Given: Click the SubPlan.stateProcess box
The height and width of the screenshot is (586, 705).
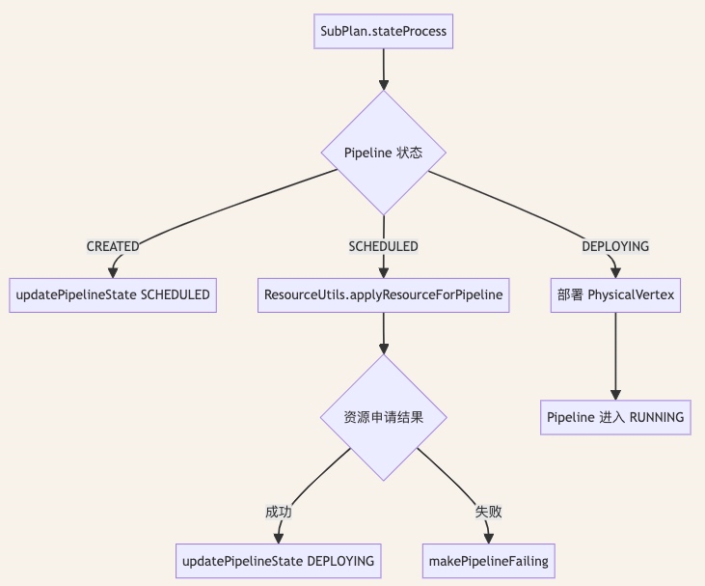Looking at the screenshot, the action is pos(383,31).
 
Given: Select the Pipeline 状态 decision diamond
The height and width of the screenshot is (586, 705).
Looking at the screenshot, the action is pos(384,153).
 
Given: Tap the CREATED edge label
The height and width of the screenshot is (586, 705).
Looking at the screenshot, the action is pos(113,246).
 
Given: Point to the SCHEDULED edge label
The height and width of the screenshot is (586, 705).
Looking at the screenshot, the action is pos(384,246).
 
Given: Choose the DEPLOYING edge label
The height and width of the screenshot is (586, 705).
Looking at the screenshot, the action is pos(615,246).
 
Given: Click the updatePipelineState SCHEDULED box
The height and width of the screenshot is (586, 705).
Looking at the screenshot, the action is pos(113,295).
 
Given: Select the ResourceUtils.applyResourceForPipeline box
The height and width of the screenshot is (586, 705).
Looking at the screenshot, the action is pos(384,295).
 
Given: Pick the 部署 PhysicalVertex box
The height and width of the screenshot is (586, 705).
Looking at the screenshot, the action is pos(615,295).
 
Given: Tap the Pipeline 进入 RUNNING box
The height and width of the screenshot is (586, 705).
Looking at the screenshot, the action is pos(615,417).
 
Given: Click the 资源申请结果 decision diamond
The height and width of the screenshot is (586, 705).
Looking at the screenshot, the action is pos(384,417).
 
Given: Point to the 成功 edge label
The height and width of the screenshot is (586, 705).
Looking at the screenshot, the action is pos(279,512).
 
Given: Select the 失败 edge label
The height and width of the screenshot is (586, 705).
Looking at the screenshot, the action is pos(489,512).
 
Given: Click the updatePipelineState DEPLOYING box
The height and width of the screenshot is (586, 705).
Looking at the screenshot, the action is pos(279,561).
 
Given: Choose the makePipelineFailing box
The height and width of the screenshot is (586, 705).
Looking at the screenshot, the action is pos(489,561).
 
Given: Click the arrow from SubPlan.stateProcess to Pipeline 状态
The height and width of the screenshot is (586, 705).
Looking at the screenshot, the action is pos(384,70).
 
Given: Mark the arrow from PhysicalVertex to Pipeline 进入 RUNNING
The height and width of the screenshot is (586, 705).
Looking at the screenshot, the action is pos(615,356).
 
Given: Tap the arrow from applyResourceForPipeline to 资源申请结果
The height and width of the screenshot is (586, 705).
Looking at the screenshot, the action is pos(384,333).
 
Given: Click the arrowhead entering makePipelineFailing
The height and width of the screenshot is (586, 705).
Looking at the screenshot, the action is pos(489,539).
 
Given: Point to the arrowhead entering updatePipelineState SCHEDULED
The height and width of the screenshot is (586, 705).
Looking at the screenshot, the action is pos(113,273).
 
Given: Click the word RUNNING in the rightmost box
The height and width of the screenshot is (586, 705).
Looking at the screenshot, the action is pos(657,417).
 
